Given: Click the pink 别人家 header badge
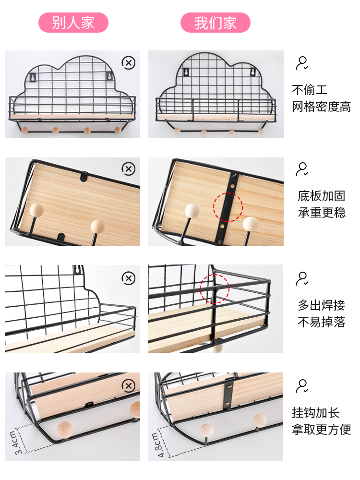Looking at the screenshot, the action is pos(73,23).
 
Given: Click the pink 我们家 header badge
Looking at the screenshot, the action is pos(216,23).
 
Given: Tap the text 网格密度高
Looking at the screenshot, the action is pos(321,107).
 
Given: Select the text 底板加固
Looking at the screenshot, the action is pos(321,196).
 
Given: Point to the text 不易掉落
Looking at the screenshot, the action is pos(321,322).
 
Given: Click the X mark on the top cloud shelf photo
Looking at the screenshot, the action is pos(128,62).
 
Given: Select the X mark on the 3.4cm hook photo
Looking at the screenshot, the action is pos(128,385).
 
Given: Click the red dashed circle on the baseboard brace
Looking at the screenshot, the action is pos(228,207).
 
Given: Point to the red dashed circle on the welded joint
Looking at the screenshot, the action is pos(215,289).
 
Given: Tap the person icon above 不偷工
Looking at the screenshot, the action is pos(302,63).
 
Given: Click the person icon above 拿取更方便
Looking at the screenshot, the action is pos(302,386).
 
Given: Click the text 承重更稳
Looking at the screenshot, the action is pos(321,213).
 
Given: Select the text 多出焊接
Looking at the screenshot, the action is pos(321,305).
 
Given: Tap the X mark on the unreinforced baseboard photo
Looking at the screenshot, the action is pos(128,168).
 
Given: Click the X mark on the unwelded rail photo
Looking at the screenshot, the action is pos(128,278).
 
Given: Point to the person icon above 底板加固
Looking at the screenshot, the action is pos(302,169).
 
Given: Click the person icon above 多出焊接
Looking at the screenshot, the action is pos(302,278).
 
